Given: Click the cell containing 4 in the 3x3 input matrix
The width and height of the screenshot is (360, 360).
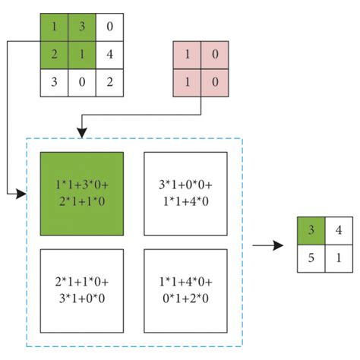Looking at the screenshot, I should pos(109,55).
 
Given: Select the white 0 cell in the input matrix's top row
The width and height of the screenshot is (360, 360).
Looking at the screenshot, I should pos(109,27).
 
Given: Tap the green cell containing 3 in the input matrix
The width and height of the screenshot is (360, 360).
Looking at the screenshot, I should pos(82,27).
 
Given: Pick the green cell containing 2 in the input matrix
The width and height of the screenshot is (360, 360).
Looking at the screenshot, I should pos(55,55).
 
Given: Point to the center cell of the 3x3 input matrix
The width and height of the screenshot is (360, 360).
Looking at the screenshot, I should pos(82,55).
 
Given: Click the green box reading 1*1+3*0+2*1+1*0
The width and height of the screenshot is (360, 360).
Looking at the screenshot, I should pos(81,194).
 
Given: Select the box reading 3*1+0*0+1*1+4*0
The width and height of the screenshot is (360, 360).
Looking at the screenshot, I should pos(185,194).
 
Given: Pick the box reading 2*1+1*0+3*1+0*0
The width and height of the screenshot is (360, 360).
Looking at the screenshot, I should pos(81,291).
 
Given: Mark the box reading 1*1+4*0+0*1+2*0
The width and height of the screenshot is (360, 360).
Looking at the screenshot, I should pos(185,291).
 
